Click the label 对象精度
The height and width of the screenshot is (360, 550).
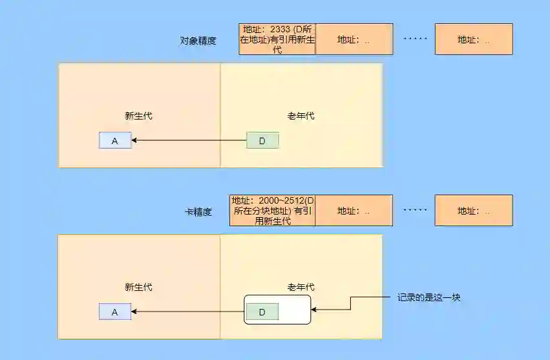click(198, 40)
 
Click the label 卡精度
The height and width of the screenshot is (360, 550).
click(198, 211)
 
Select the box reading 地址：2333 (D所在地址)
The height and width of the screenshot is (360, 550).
click(277, 39)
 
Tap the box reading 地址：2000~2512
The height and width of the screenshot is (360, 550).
click(272, 211)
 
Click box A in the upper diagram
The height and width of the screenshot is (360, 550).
click(115, 140)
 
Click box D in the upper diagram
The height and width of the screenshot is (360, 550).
click(262, 140)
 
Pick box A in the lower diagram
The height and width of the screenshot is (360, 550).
click(115, 312)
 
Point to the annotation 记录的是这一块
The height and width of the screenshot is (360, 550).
click(428, 298)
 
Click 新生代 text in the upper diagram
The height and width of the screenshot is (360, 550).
click(139, 116)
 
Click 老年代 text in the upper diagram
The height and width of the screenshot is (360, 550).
click(301, 116)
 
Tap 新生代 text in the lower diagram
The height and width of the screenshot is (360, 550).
click(139, 288)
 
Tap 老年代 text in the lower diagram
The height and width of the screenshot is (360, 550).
click(301, 288)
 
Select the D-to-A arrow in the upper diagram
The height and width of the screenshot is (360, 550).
click(189, 140)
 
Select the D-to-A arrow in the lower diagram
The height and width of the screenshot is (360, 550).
click(187, 312)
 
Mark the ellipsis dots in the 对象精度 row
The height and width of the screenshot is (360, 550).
click(415, 39)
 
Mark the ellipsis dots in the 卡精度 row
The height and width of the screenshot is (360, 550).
click(415, 210)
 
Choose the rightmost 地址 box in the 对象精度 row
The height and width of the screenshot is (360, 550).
click(474, 39)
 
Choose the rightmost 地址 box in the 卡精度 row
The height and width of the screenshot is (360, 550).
click(474, 211)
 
